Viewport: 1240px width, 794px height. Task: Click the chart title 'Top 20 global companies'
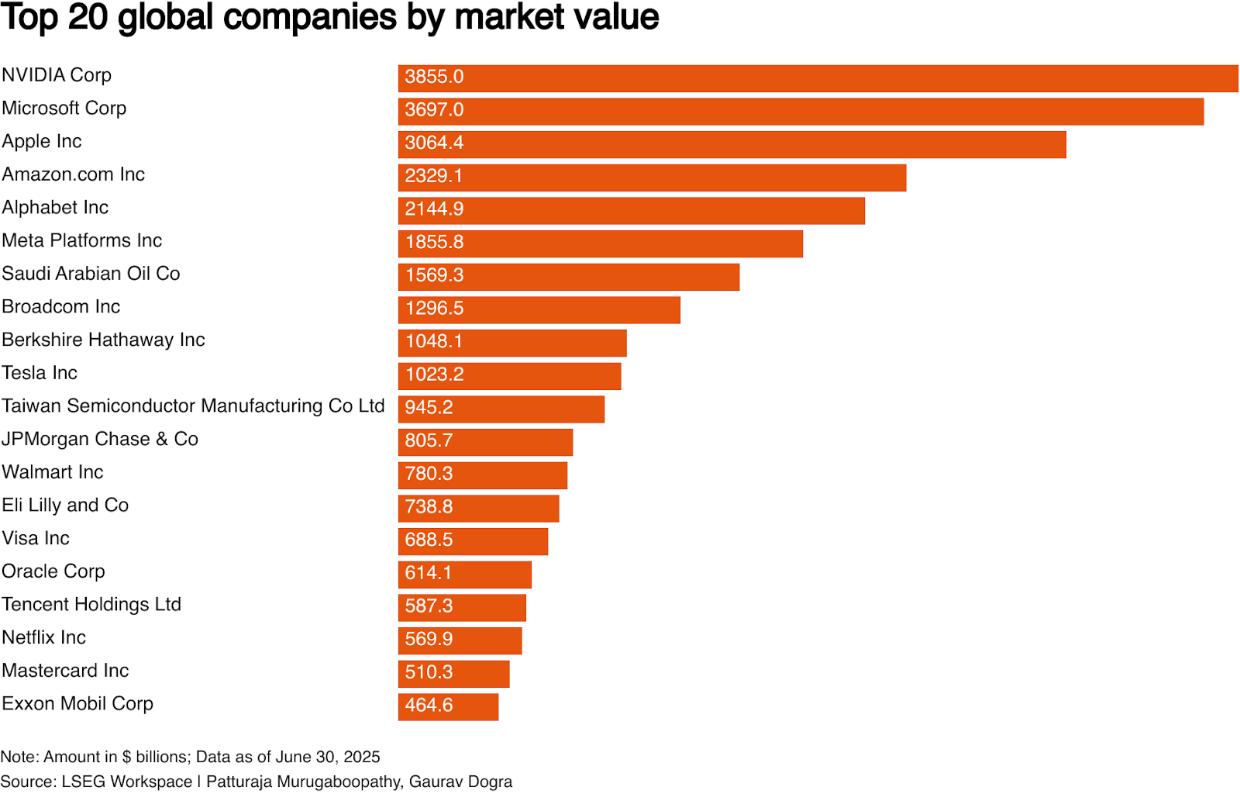tap(329, 17)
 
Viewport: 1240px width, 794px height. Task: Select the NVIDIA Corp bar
tap(818, 78)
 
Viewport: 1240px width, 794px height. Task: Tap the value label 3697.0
tap(434, 110)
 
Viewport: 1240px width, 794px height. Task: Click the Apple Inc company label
tap(42, 142)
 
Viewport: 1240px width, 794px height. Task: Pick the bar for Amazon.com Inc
tap(652, 178)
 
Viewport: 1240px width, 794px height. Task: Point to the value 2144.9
tap(434, 209)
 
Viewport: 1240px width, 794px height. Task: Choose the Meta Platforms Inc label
tap(82, 241)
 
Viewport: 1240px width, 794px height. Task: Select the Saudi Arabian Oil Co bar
tap(569, 277)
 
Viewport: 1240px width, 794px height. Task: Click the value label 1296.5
tap(434, 309)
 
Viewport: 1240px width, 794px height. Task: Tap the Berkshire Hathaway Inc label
tap(103, 340)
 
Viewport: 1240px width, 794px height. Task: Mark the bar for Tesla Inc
tap(509, 376)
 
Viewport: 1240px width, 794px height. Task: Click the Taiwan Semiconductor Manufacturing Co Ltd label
tap(193, 406)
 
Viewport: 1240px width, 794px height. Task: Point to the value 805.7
tap(429, 441)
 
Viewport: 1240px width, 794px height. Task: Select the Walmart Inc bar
tap(483, 475)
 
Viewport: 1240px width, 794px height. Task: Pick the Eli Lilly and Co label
tap(65, 506)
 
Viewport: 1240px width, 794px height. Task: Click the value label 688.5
tap(429, 540)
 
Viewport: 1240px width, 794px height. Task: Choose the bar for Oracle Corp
tap(465, 575)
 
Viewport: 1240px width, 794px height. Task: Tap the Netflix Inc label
tap(44, 638)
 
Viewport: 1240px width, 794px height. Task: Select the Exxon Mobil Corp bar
tap(448, 707)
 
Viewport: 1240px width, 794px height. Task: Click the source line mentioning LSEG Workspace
tap(256, 782)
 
